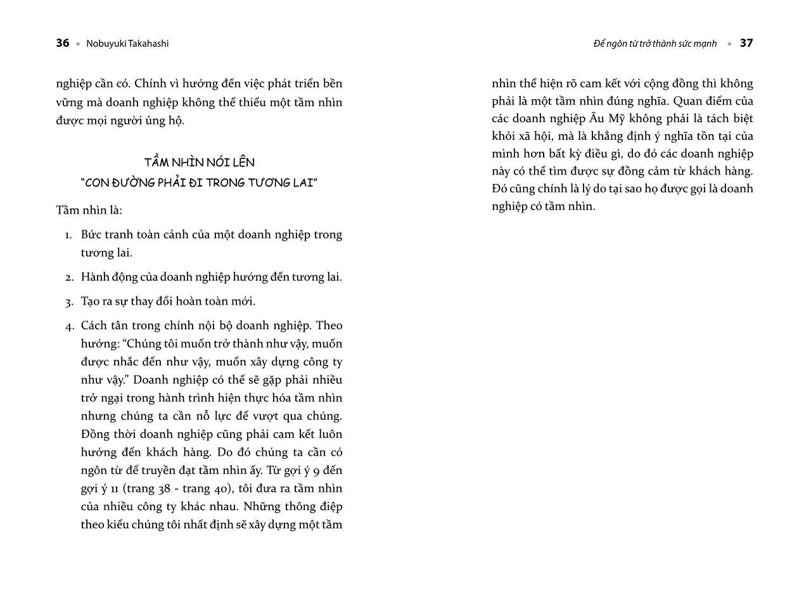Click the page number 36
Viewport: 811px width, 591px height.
(x=62, y=43)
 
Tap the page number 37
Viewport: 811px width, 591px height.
(x=746, y=43)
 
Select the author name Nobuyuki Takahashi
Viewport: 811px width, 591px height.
(x=127, y=44)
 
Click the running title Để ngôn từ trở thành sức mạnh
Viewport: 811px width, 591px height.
(x=655, y=44)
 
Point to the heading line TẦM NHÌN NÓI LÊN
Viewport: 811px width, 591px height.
(x=199, y=162)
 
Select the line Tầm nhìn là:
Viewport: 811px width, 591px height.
(x=89, y=210)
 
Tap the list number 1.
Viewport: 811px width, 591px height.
(x=68, y=235)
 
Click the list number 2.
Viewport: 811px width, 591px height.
(x=68, y=278)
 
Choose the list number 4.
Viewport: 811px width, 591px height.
(x=68, y=327)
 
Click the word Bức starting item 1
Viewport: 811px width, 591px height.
(x=91, y=235)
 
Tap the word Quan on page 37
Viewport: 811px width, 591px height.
(x=686, y=101)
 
